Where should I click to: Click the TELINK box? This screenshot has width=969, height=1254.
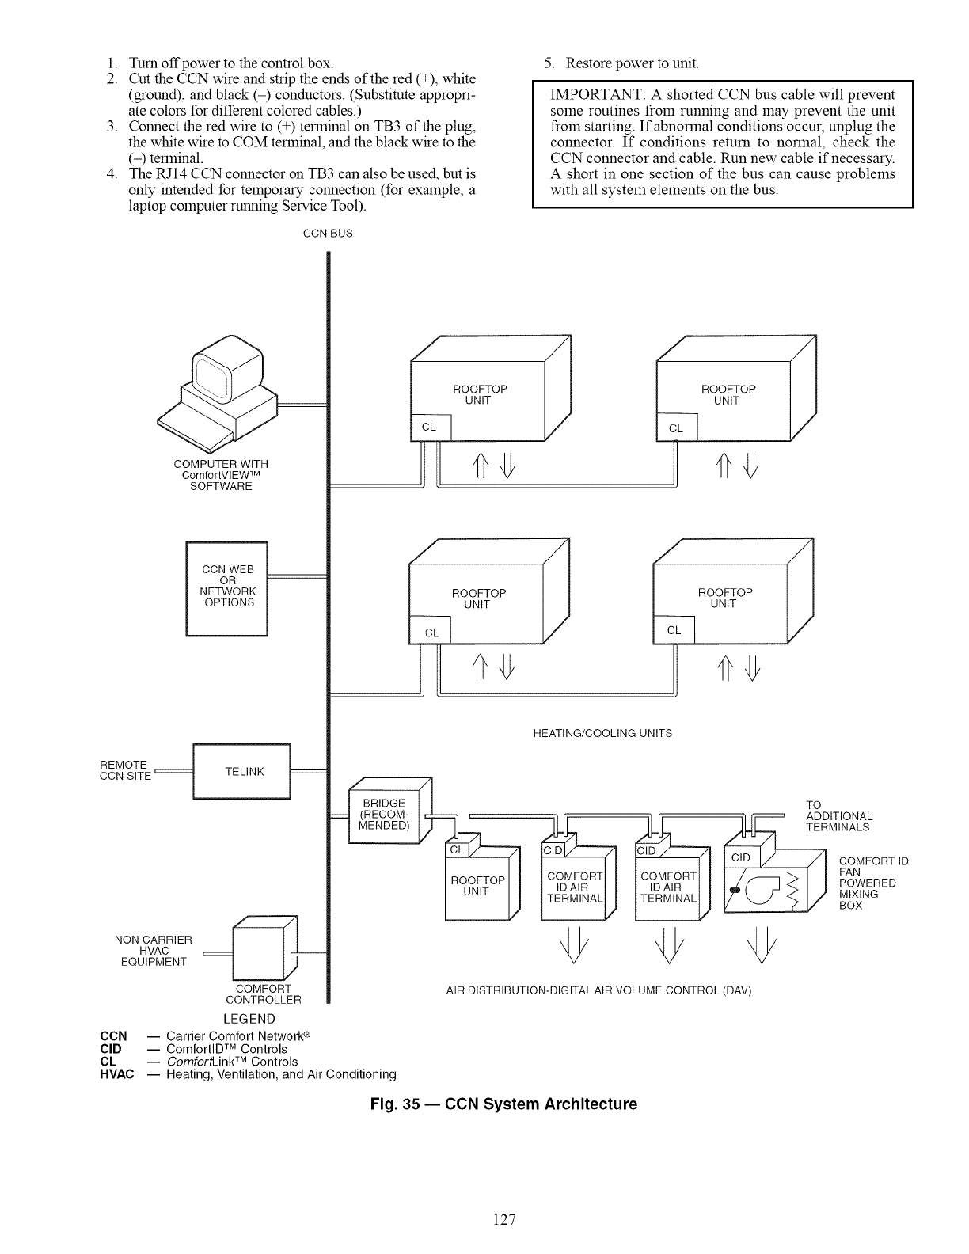(242, 772)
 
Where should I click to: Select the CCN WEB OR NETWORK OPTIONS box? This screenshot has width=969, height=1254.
(227, 587)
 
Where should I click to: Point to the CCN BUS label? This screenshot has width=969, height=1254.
(329, 234)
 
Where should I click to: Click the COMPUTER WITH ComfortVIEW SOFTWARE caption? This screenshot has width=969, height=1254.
(221, 475)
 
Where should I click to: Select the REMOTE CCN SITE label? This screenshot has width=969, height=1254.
(124, 770)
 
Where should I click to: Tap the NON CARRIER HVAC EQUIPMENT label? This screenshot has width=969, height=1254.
(154, 951)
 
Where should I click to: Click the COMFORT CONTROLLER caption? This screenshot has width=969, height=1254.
(264, 994)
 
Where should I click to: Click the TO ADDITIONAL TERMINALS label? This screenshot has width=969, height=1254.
(838, 816)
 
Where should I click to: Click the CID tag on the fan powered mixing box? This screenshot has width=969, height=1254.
(741, 858)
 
